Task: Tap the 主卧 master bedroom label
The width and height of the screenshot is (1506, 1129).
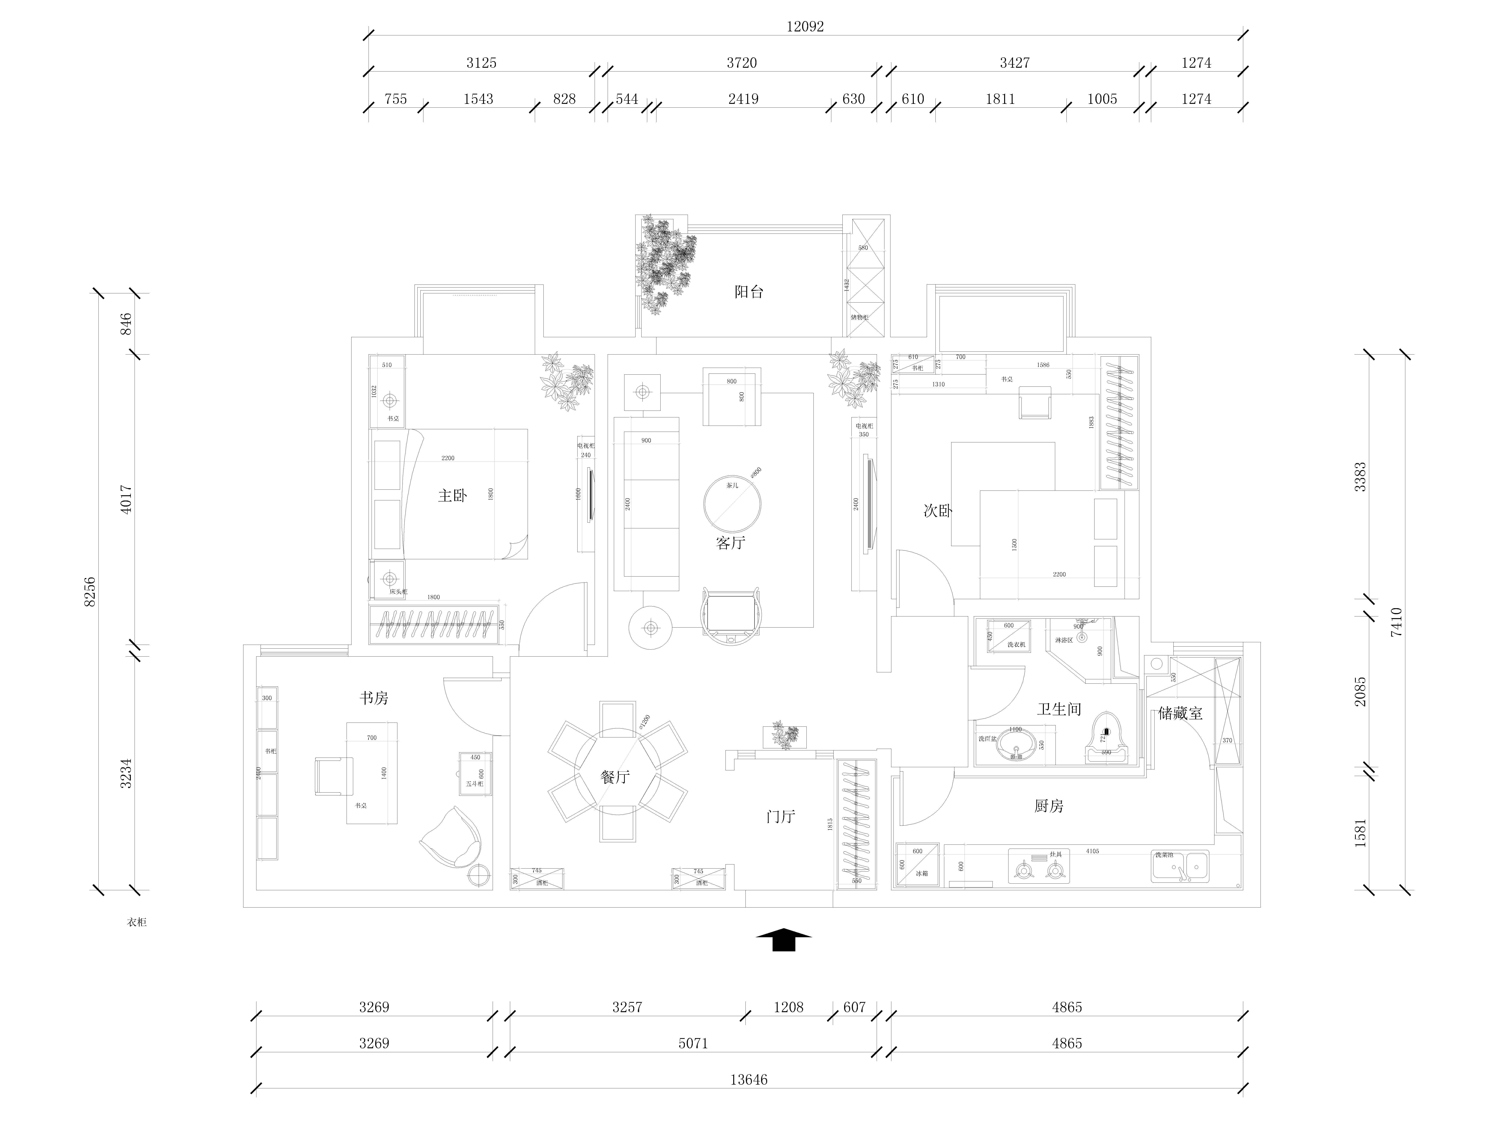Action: coord(452,495)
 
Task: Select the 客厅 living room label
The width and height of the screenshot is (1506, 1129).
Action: coord(731,542)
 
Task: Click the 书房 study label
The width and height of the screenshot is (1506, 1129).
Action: coord(374,698)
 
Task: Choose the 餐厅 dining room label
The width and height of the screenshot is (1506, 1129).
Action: coord(615,777)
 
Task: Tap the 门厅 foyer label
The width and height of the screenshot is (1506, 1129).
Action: coord(780,817)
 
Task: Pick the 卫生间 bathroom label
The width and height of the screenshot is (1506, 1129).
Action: coord(1059,709)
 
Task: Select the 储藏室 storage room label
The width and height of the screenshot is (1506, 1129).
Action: coord(1180,713)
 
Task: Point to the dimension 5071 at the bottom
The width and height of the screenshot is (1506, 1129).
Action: coord(693,1043)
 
